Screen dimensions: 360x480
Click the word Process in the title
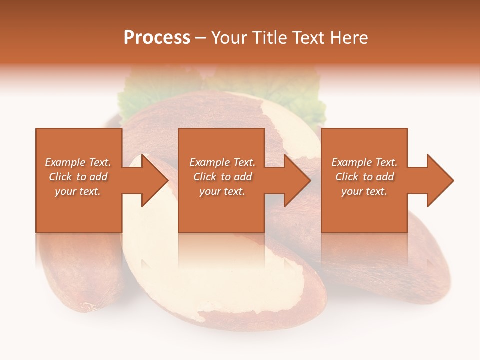coord(157,38)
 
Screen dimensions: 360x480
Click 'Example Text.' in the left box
coord(78,162)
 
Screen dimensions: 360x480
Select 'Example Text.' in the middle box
coord(222,162)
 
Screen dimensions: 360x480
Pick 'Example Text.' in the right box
coord(364,162)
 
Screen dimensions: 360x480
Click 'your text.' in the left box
coord(78,191)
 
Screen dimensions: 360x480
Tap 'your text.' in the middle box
coord(222,191)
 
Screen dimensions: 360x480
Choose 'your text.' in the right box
coord(364,191)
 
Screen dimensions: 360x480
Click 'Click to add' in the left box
coord(78,177)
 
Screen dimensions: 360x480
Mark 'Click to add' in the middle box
coord(222,177)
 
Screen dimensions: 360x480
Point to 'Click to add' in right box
coord(364,177)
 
